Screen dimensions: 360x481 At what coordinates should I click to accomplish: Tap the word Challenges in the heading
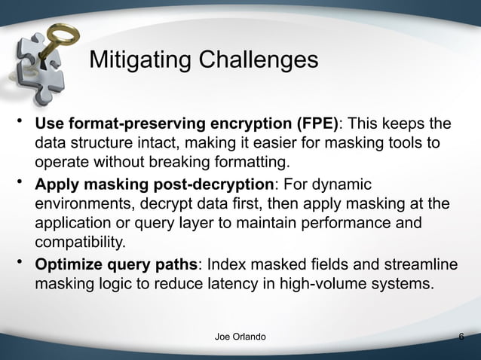(x=261, y=60)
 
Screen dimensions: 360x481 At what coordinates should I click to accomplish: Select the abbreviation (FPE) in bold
(x=314, y=124)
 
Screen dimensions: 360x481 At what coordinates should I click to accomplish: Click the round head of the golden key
(x=60, y=32)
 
